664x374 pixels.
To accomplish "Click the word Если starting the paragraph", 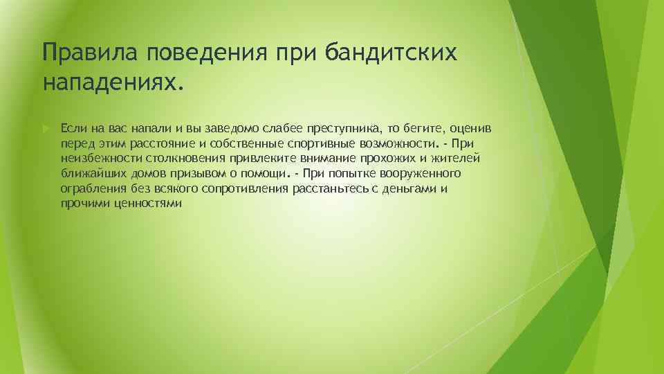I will pos(72,129).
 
